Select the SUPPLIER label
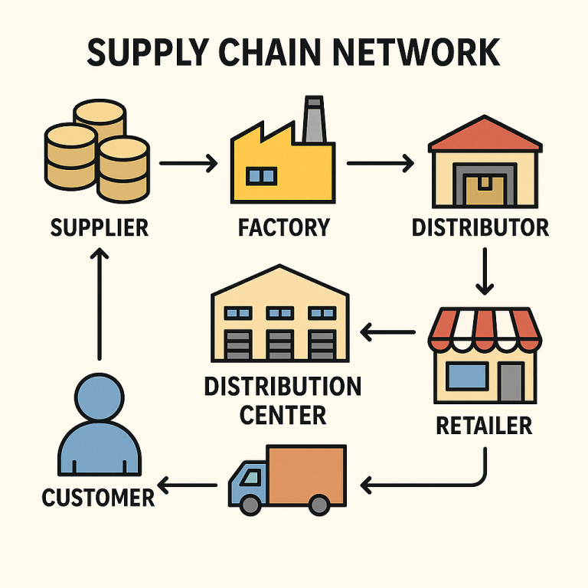(99, 227)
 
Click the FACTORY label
(284, 227)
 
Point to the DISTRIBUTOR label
(480, 227)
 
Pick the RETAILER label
(484, 425)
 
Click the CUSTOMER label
(98, 498)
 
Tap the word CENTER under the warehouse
(283, 415)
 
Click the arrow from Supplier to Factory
(188, 163)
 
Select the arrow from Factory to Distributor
(380, 163)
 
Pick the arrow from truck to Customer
(187, 485)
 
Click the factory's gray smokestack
(313, 122)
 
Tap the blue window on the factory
(261, 177)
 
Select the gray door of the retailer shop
(511, 381)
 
